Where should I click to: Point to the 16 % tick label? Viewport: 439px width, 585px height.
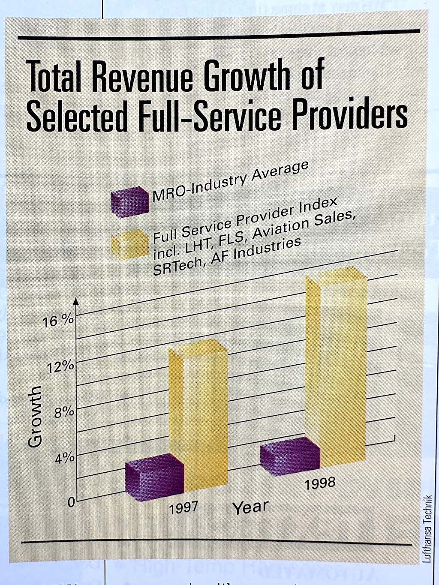coord(58,321)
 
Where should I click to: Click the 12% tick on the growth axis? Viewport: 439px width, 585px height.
coord(61,367)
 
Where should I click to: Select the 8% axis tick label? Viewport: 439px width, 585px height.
coord(64,413)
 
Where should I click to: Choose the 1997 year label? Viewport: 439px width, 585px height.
coord(183,508)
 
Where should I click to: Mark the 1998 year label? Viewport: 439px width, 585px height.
coord(320,483)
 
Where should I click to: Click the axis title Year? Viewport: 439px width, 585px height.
coord(250,507)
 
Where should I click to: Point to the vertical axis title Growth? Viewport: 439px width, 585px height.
coord(35,416)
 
